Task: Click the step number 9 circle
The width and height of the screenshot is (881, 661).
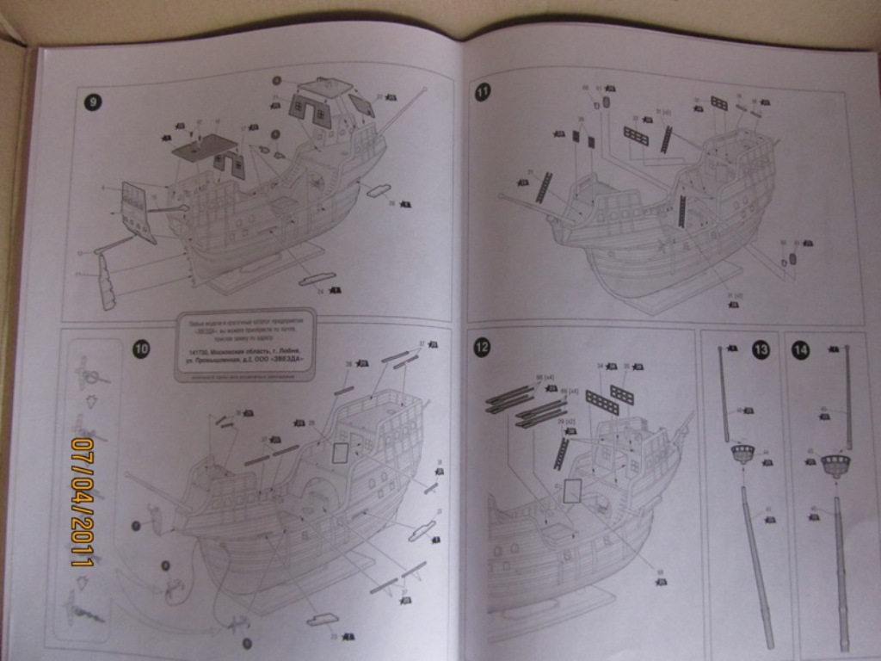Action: tap(92, 102)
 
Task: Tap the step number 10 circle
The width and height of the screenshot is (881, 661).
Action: tap(141, 349)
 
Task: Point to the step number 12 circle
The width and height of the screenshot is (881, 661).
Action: tap(482, 347)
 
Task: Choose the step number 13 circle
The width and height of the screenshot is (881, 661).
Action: tap(761, 349)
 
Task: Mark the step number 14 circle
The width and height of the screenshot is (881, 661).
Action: tap(800, 349)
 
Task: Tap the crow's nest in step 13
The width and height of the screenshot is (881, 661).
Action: tap(741, 454)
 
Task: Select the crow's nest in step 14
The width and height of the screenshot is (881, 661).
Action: tap(835, 466)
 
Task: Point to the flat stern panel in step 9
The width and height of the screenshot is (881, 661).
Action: tap(137, 211)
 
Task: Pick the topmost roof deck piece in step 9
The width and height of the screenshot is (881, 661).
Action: tap(325, 87)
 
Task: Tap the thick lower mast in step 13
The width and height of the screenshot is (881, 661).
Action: tap(758, 568)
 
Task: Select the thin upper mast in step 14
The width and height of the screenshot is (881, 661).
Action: tap(847, 396)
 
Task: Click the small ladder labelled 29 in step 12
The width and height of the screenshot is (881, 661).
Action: tap(562, 454)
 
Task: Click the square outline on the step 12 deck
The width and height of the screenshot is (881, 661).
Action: tap(571, 491)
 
